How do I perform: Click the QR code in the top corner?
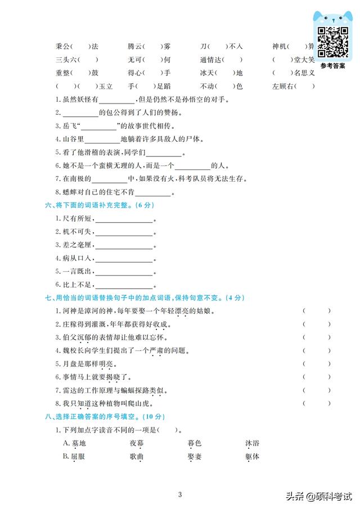(332, 42)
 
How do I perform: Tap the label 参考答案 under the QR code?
(332, 66)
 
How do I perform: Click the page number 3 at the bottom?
(179, 495)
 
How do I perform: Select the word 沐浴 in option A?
(252, 443)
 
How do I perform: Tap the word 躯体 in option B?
(252, 457)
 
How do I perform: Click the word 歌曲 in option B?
(137, 457)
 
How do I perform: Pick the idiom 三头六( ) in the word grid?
(78, 60)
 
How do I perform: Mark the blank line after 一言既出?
(124, 272)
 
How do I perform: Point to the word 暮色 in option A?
(194, 443)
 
